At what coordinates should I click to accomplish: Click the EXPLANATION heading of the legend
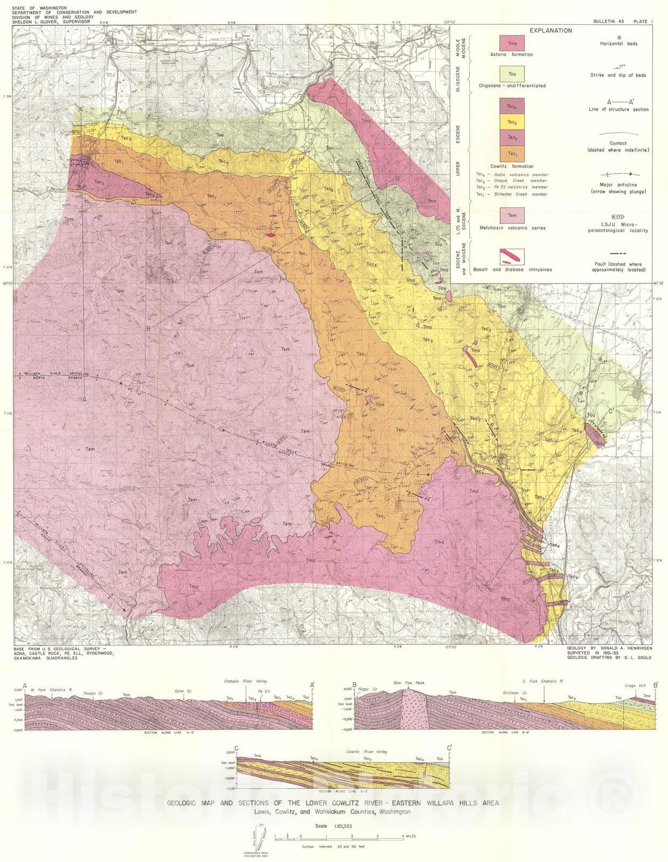(550, 31)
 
